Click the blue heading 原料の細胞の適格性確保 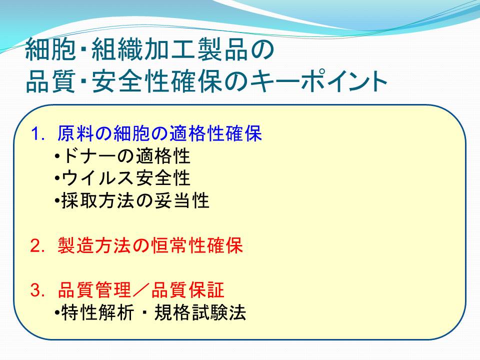159,133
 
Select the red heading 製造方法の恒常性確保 150,245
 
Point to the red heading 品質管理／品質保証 141,290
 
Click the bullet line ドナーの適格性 126,156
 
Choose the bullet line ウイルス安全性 126,178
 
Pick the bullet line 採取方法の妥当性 135,201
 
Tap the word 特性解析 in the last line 98,312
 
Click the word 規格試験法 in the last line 200,312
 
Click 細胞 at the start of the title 50,49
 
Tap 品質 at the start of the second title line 50,81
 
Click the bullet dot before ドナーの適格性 57,156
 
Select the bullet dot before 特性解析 57,313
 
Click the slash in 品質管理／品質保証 141,290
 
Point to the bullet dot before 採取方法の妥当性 57,201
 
